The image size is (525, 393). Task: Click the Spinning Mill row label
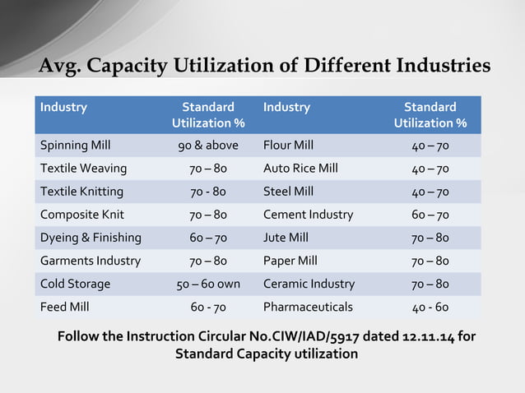pyautogui.click(x=76, y=146)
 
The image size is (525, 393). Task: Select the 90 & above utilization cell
pyautogui.click(x=208, y=146)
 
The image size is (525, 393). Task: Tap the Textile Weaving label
pyautogui.click(x=84, y=169)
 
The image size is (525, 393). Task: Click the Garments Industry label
pyautogui.click(x=91, y=261)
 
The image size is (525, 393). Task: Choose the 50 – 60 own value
pyautogui.click(x=208, y=284)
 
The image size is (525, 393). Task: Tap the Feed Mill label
pyautogui.click(x=65, y=307)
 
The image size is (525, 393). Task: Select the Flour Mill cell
pyautogui.click(x=288, y=146)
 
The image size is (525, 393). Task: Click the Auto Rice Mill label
pyautogui.click(x=301, y=169)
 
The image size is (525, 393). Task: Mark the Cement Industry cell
pyautogui.click(x=309, y=215)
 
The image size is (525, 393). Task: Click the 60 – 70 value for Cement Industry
pyautogui.click(x=430, y=215)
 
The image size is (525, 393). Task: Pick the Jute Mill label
pyautogui.click(x=286, y=238)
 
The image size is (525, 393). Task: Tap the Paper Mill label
pyautogui.click(x=290, y=261)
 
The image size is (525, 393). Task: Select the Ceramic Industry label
pyautogui.click(x=309, y=284)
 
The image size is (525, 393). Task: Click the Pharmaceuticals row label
pyautogui.click(x=308, y=307)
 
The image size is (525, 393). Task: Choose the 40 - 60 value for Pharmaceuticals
pyautogui.click(x=430, y=307)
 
